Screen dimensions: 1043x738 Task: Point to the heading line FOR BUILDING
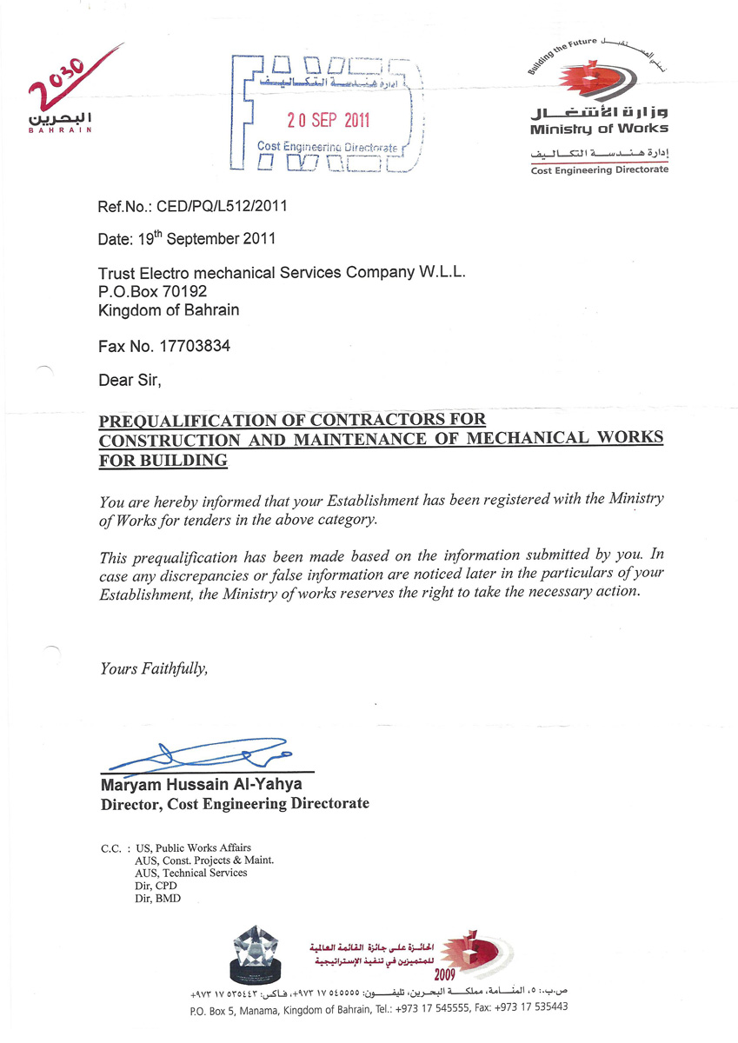164,460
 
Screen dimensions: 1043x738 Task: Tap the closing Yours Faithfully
154,668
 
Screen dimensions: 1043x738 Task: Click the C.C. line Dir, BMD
157,899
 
